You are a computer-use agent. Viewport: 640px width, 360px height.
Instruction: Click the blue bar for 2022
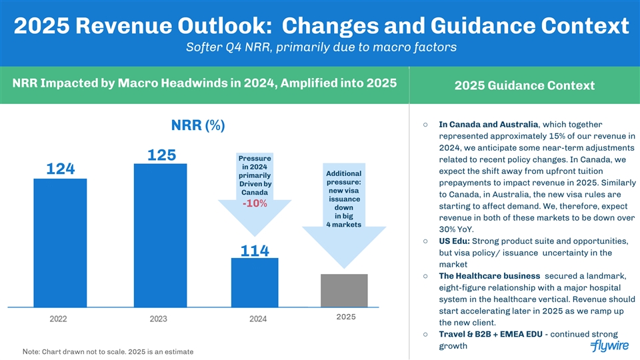coord(59,243)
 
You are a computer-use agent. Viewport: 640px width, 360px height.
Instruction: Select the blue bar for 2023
coord(159,235)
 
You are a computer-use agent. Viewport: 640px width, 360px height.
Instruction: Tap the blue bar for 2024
coord(255,282)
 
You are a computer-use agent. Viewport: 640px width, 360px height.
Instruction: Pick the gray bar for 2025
coord(344,290)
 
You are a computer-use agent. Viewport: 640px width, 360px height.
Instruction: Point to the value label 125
coord(161,155)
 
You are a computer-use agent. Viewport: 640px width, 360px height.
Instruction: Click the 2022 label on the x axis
coord(58,319)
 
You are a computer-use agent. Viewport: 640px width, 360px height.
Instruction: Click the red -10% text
coord(255,203)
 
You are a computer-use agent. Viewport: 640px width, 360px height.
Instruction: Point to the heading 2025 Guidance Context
coord(525,86)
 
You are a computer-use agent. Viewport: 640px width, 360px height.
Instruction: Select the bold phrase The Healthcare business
coord(489,276)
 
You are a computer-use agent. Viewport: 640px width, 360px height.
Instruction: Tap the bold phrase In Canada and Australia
coord(489,124)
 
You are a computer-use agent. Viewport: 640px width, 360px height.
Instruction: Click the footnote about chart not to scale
coord(108,351)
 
